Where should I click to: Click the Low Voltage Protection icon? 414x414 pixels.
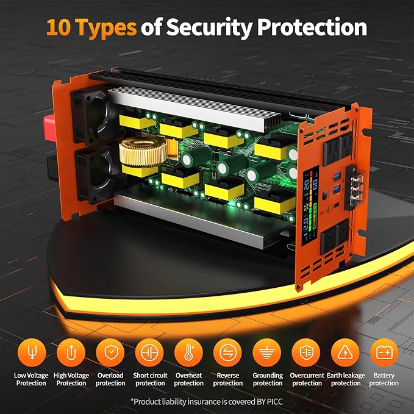[x=32, y=353]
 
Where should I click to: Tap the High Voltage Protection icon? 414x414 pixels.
[x=71, y=353]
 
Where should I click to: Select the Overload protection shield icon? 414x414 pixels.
[x=110, y=353]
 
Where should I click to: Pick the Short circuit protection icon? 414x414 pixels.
[x=149, y=353]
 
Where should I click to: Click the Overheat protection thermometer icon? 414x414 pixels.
[x=188, y=353]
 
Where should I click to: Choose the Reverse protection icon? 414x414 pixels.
[x=227, y=353]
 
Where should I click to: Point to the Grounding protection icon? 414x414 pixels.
[x=267, y=353]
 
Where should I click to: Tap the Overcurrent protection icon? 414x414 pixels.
[x=306, y=353]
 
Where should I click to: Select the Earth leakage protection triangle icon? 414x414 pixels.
[x=345, y=353]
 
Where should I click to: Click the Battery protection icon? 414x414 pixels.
[x=384, y=353]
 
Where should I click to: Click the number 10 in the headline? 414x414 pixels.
[x=59, y=27]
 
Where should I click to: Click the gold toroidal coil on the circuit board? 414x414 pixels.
[x=143, y=152]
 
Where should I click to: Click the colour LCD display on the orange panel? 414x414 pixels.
[x=310, y=205]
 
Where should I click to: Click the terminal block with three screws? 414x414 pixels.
[x=354, y=187]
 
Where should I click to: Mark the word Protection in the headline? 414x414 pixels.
[x=312, y=27]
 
